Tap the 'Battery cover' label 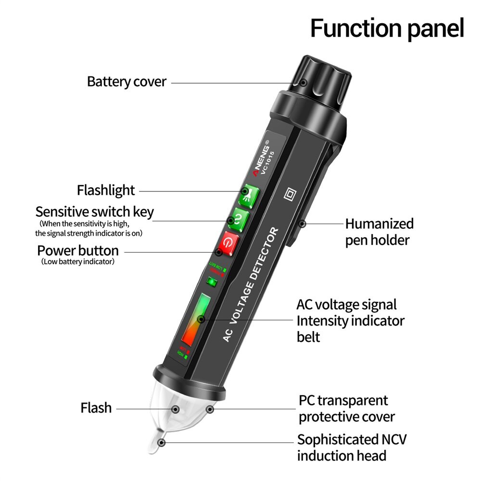127,82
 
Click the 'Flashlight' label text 106,190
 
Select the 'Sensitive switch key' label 94,212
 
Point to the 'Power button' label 78,251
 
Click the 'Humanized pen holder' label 379,231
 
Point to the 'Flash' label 96,408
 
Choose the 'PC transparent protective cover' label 346,408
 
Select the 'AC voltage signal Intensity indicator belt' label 350,320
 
